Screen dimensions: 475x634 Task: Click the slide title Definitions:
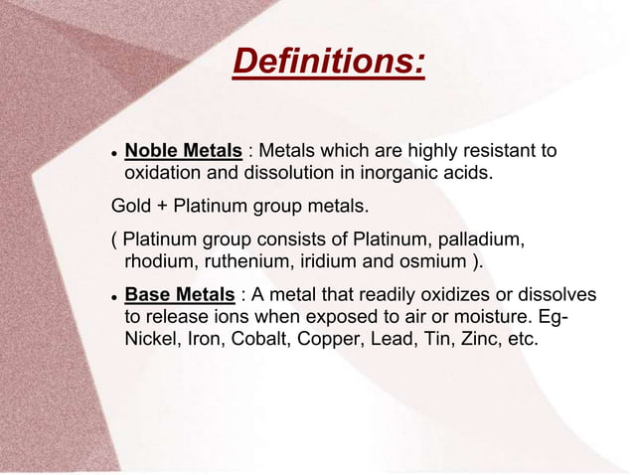pos(328,63)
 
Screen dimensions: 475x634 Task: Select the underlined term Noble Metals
pos(183,151)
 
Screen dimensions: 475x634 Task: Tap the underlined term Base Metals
pos(179,296)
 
